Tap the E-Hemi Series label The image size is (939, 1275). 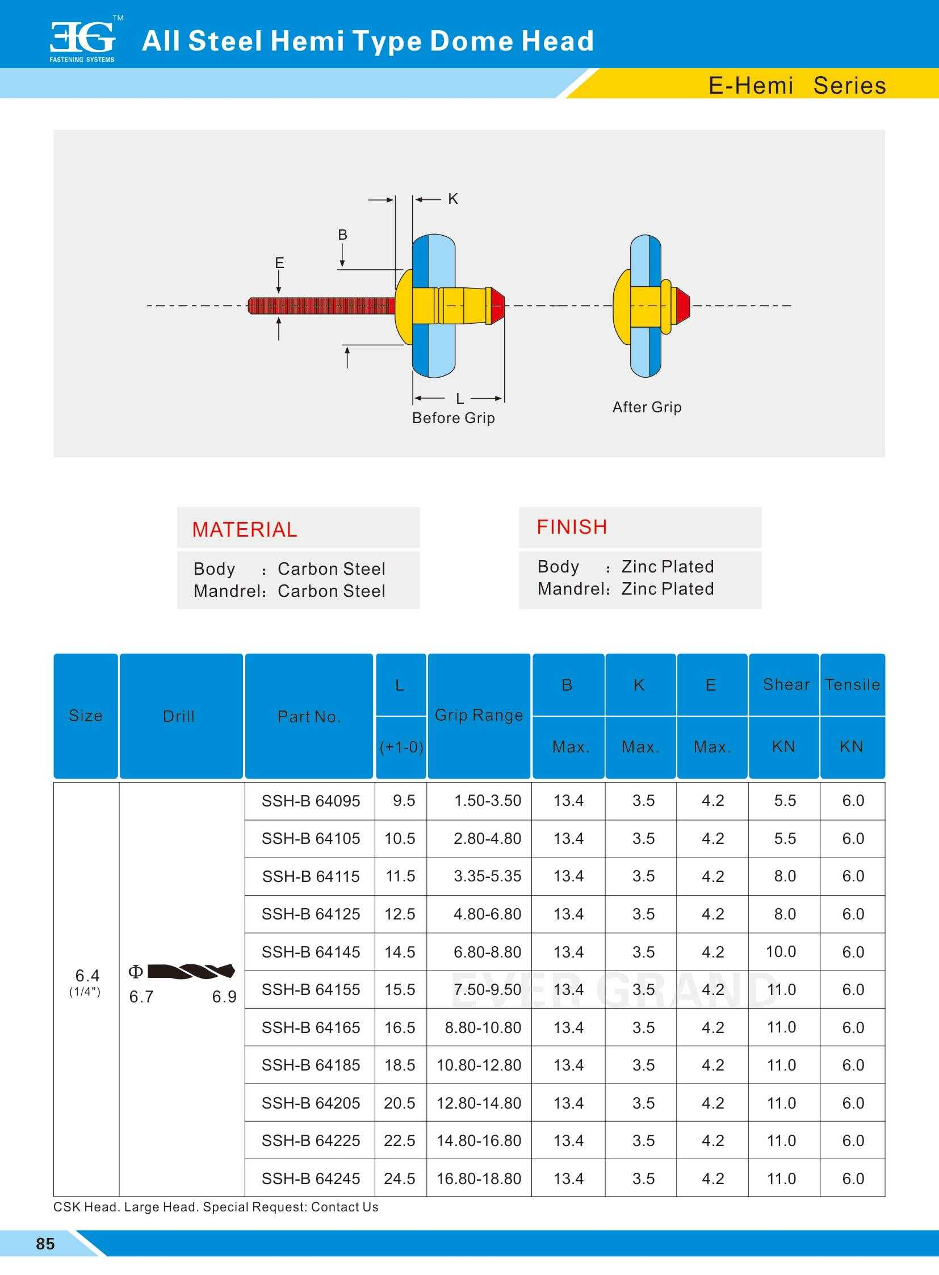click(x=797, y=86)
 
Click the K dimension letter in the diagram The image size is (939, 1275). click(x=452, y=199)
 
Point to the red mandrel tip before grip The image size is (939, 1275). click(x=496, y=305)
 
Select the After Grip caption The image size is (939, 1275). click(x=646, y=407)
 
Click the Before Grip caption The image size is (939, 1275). click(x=453, y=418)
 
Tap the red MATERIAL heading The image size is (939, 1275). click(x=245, y=529)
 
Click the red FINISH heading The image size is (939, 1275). click(x=572, y=527)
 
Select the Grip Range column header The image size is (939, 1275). click(x=479, y=715)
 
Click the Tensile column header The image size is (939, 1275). click(x=852, y=684)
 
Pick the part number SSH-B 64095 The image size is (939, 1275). click(x=311, y=801)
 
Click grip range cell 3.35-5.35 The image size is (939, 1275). click(x=487, y=876)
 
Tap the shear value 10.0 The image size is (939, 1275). click(x=781, y=951)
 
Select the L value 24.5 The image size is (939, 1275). click(x=400, y=1178)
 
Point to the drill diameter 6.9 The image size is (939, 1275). click(x=224, y=996)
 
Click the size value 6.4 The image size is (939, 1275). click(x=87, y=976)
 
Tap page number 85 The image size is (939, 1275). click(x=45, y=1244)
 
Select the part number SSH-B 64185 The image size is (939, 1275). click(x=311, y=1065)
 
